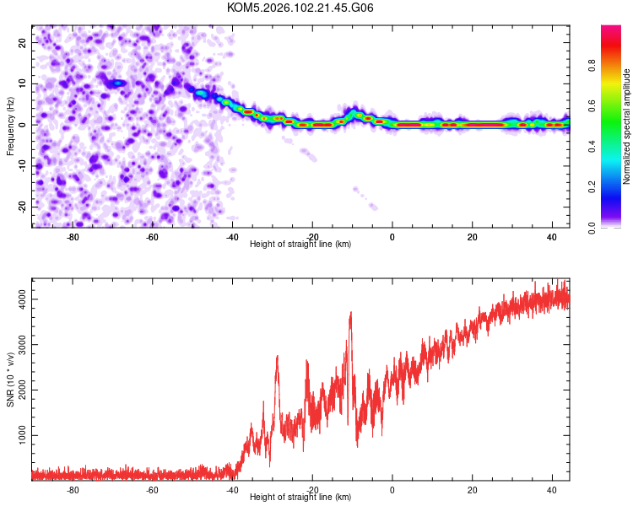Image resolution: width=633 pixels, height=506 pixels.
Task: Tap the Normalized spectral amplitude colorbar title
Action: pyautogui.click(x=627, y=126)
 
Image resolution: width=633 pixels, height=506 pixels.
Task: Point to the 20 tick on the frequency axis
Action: pyautogui.click(x=24, y=41)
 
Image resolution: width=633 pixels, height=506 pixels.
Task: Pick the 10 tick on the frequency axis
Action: pyautogui.click(x=24, y=83)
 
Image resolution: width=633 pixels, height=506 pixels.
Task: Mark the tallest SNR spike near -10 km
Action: pyautogui.click(x=350, y=313)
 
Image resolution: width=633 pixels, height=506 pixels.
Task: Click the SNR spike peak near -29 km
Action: pyautogui.click(x=277, y=357)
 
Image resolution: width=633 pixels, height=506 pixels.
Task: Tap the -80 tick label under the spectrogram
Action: pyautogui.click(x=73, y=237)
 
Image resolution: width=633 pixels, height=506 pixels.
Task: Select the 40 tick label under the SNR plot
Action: pyautogui.click(x=552, y=490)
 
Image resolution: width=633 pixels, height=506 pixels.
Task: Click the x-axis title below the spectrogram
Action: pyautogui.click(x=300, y=245)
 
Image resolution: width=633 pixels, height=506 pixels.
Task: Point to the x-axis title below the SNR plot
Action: pyautogui.click(x=300, y=498)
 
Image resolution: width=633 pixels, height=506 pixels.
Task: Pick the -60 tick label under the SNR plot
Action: pyautogui.click(x=153, y=490)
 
